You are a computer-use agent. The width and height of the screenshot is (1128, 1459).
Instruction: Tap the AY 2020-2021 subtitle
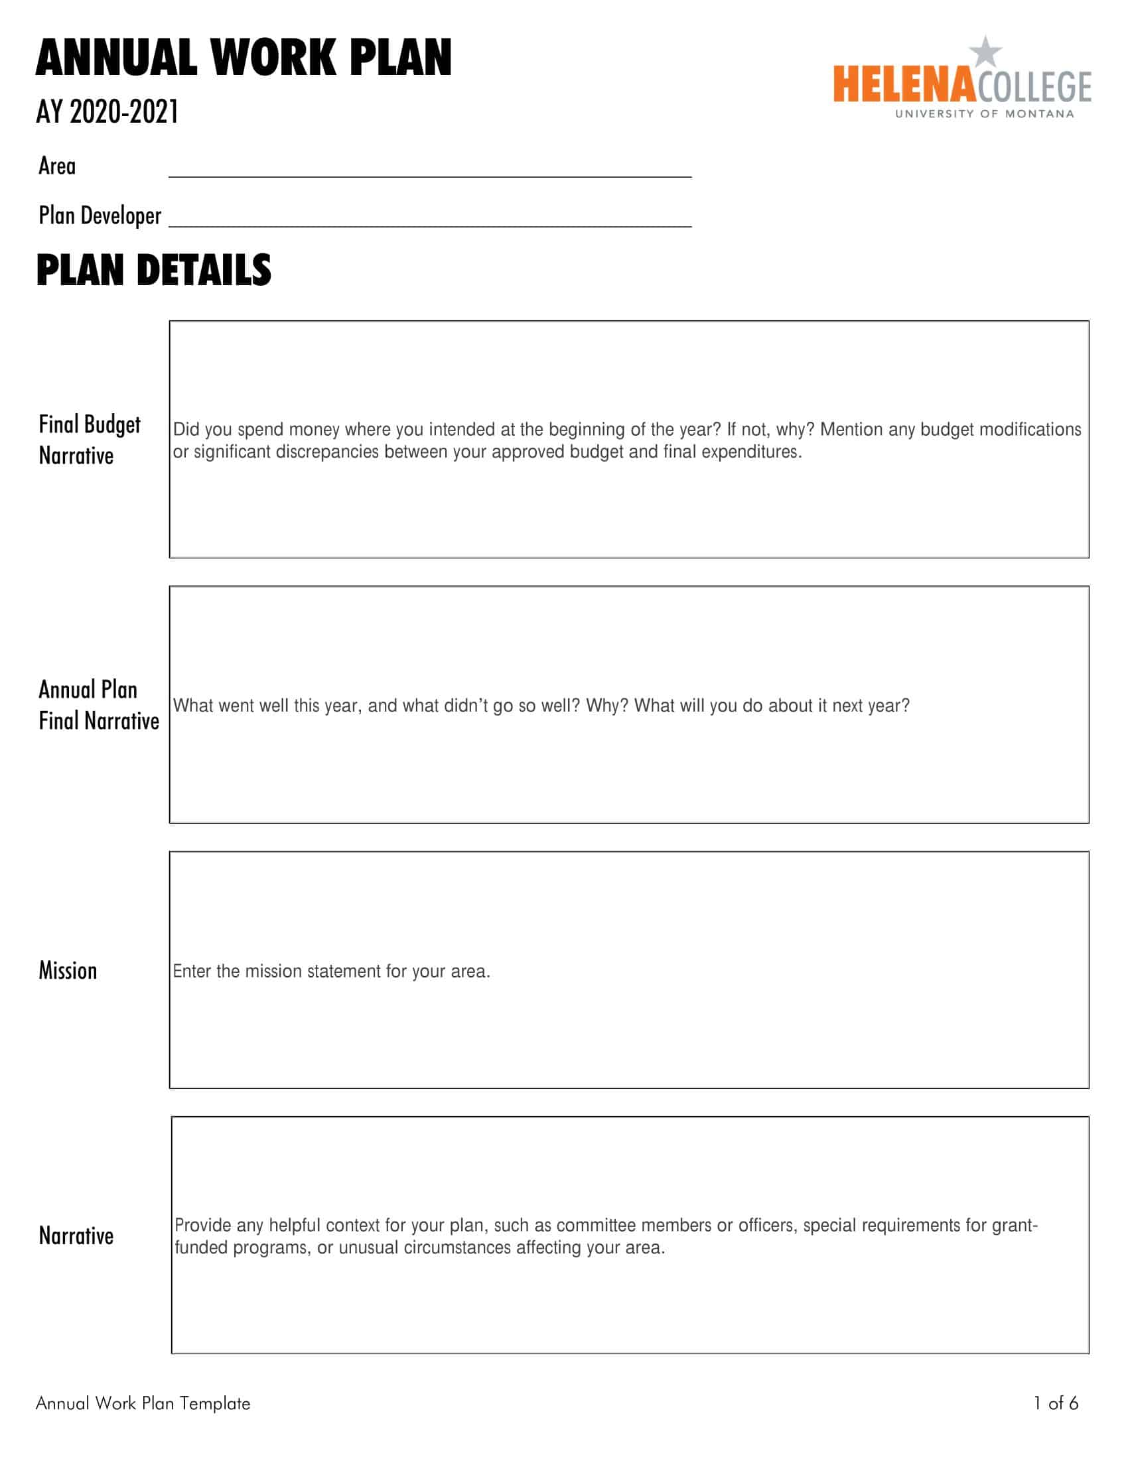pyautogui.click(x=107, y=111)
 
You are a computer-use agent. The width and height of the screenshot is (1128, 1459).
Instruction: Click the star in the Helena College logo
pyautogui.click(x=985, y=52)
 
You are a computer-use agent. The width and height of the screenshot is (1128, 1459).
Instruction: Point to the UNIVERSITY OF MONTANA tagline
pyautogui.click(x=984, y=114)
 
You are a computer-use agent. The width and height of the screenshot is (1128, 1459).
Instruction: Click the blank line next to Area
pyautogui.click(x=430, y=170)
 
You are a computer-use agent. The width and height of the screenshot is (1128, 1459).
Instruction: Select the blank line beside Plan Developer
pyautogui.click(x=430, y=220)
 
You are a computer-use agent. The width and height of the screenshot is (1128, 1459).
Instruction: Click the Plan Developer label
pyautogui.click(x=100, y=216)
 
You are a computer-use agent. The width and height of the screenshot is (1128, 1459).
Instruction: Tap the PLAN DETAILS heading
pyautogui.click(x=154, y=271)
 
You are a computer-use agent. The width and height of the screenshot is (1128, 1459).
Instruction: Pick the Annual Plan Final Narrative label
pyautogui.click(x=98, y=705)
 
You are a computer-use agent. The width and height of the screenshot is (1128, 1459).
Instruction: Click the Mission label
pyautogui.click(x=68, y=971)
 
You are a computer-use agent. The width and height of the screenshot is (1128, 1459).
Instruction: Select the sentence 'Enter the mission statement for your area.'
pyautogui.click(x=332, y=972)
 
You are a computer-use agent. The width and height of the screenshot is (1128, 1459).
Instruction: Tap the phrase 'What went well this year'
pyautogui.click(x=267, y=706)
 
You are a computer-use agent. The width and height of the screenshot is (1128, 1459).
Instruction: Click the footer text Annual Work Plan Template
pyautogui.click(x=143, y=1403)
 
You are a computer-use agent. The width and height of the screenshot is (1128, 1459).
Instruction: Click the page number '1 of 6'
pyautogui.click(x=1056, y=1403)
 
